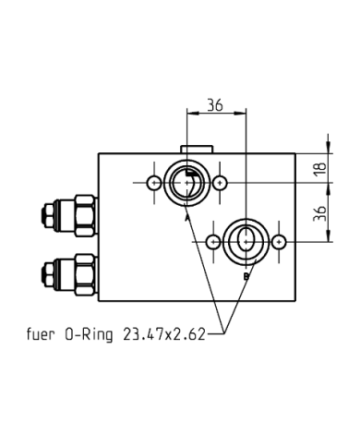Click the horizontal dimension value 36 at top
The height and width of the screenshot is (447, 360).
coord(215,105)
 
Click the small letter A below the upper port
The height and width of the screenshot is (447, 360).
coord(187,219)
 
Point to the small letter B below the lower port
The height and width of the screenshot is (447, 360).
coord(246,276)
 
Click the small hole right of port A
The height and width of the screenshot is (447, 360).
coord(220,183)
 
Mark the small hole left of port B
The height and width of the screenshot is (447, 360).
coord(213,242)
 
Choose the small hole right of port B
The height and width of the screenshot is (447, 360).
coord(278,242)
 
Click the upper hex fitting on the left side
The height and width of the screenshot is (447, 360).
coord(82,216)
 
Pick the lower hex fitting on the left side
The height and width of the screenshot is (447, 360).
coord(82,273)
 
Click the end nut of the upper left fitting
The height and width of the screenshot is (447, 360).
coord(45,216)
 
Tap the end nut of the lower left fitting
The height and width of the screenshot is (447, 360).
coord(45,273)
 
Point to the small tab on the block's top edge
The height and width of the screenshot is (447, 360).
coord(196,148)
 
